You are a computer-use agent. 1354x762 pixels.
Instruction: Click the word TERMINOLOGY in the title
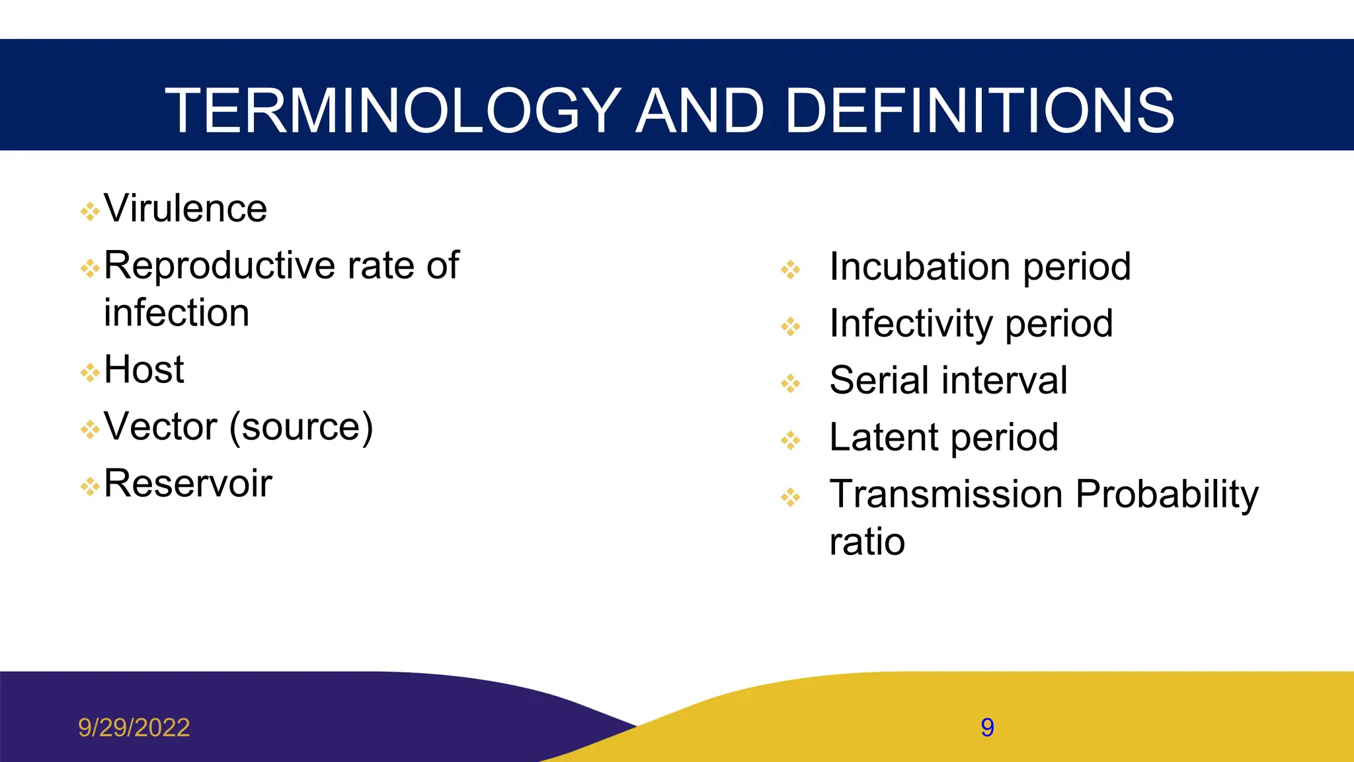coord(393,110)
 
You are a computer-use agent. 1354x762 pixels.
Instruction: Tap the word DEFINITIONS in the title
coord(979,110)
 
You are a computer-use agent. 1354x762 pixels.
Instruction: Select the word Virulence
coord(186,209)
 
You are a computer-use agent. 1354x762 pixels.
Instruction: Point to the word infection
coord(177,313)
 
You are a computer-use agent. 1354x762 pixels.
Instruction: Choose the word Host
coord(143,369)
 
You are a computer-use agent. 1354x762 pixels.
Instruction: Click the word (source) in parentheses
coord(301,427)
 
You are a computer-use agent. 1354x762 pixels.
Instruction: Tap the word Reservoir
coord(188,484)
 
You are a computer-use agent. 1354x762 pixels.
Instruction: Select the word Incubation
coord(920,267)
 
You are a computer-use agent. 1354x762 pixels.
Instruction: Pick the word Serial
coord(879,380)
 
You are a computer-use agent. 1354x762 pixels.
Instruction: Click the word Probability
coord(1167,494)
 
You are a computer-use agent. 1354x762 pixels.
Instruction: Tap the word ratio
coord(867,542)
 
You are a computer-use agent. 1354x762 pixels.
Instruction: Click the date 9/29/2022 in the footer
coord(134,728)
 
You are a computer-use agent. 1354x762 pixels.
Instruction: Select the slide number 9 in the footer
coord(987,728)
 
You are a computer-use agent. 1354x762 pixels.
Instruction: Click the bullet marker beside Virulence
coord(89,212)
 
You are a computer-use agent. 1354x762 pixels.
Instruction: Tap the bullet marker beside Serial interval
coord(790,383)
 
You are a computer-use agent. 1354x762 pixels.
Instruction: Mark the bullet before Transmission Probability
coord(790,497)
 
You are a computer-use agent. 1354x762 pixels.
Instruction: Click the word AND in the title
coord(700,110)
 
